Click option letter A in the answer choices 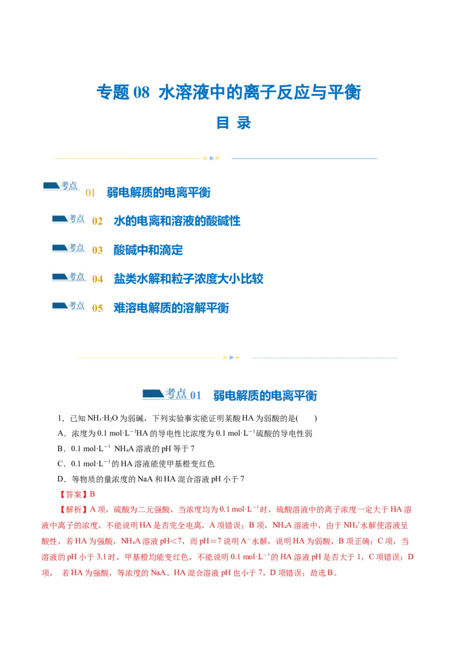click(61, 434)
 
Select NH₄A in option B click(125, 449)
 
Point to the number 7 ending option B click(193, 449)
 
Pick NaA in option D click(145, 479)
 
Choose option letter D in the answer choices click(61, 479)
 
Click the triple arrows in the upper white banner click(211, 158)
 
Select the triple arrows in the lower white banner click(231, 358)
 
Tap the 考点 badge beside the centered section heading click(166, 394)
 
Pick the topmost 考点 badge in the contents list click(60, 185)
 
